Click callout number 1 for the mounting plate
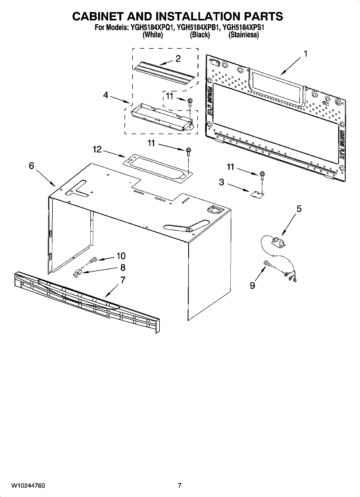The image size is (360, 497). tap(305, 54)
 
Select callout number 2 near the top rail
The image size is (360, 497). tap(178, 59)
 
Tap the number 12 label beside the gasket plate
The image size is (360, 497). tap(97, 149)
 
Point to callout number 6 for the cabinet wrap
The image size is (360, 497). tap(31, 166)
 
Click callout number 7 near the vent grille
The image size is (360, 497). tap(123, 280)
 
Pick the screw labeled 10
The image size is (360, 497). tap(93, 260)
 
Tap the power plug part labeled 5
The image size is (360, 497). tap(277, 241)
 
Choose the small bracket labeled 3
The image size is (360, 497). tap(257, 194)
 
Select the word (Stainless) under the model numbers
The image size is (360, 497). tap(243, 35)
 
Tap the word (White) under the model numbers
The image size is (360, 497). tap(153, 35)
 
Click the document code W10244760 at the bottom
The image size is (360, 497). tap(28, 485)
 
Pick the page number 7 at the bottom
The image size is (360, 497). tap(180, 485)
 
